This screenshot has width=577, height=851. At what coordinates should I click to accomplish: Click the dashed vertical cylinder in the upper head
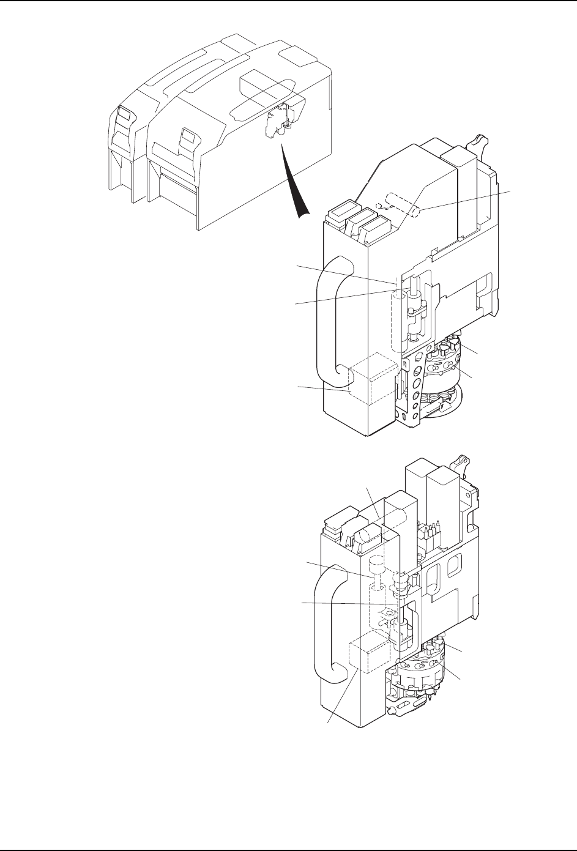[397, 312]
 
